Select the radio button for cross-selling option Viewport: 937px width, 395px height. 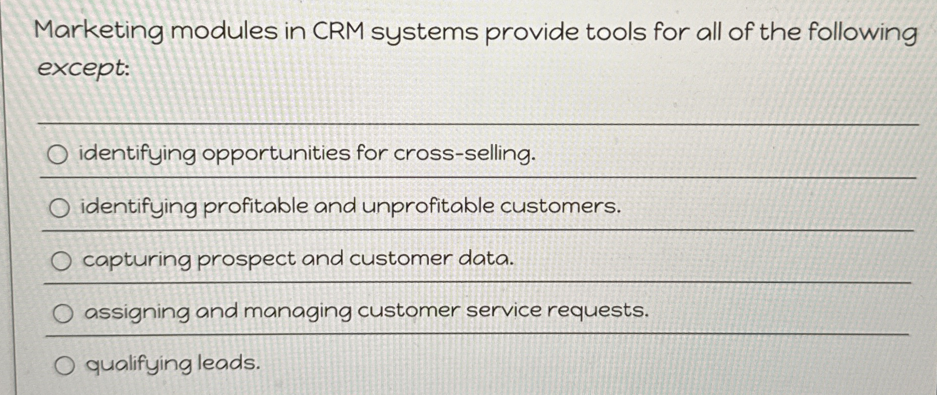[57, 155]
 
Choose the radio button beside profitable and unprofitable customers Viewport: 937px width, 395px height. [59, 208]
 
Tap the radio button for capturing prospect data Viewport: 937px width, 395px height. [61, 261]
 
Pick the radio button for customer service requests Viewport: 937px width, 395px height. [63, 314]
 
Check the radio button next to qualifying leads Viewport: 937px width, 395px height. [65, 366]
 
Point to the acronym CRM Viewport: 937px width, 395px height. [338, 32]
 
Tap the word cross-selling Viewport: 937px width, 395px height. [463, 154]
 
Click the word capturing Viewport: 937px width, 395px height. [137, 261]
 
